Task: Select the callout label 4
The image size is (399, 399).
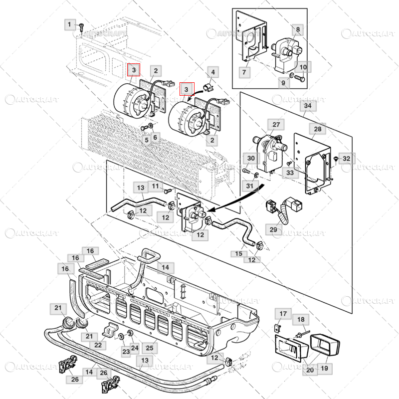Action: [x=212, y=72]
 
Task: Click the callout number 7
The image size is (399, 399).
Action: [x=244, y=73]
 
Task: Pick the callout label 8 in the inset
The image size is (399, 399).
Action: [x=298, y=30]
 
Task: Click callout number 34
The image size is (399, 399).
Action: [x=307, y=106]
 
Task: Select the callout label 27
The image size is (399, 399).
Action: [x=275, y=125]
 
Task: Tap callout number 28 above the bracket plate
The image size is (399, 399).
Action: [x=317, y=130]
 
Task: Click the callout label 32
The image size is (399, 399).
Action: [x=347, y=159]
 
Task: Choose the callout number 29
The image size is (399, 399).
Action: [x=273, y=229]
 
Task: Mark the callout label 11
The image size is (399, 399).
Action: [x=156, y=186]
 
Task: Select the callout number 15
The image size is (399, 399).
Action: [x=238, y=253]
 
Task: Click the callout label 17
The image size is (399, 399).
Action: [x=283, y=314]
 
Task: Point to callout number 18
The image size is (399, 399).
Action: [x=300, y=319]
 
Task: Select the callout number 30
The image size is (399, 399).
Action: [x=251, y=158]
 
